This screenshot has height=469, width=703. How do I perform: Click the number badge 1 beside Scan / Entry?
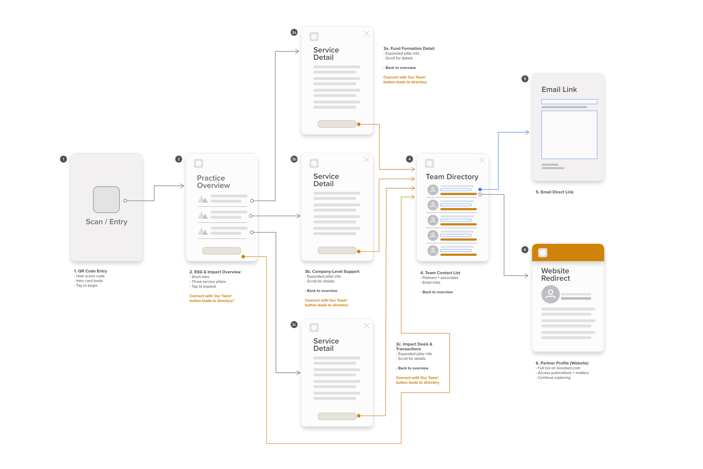(63, 159)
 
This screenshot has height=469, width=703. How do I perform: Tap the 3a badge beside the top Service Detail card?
(294, 32)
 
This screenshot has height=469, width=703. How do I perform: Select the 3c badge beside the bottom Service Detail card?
(294, 325)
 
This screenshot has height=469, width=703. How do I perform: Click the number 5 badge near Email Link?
(525, 79)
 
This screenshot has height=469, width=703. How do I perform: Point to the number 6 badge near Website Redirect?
(525, 250)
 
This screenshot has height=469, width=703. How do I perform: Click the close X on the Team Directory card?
(482, 160)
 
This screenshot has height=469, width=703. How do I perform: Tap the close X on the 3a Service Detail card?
(367, 34)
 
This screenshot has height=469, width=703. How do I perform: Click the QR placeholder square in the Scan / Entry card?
(106, 199)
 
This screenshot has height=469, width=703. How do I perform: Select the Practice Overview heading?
(213, 181)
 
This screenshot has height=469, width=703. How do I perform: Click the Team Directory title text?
(452, 177)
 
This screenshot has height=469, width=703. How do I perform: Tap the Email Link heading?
(559, 89)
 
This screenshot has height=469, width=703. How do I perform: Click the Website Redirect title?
(555, 274)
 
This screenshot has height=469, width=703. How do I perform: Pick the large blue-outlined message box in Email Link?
(569, 134)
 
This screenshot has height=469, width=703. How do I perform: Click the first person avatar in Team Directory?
(433, 190)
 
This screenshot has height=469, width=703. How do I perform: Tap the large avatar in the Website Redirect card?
(550, 294)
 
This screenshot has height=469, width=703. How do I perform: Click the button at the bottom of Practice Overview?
(222, 251)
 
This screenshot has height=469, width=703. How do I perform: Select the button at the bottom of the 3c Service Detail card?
(337, 416)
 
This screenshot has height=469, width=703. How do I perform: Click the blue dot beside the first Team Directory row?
(480, 189)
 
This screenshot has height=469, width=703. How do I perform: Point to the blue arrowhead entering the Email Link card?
(528, 132)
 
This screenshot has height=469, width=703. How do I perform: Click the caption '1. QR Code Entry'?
(91, 271)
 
